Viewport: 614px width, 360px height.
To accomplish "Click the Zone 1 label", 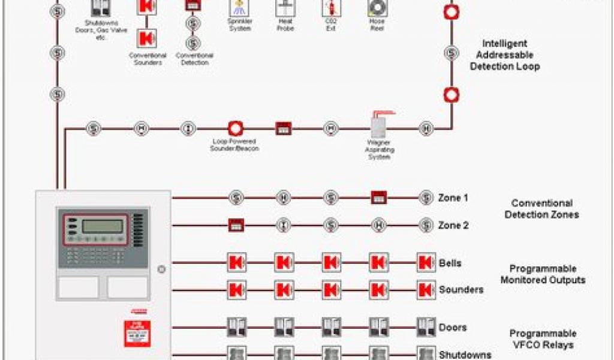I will click(453, 197).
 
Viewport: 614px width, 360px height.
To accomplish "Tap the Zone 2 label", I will click(453, 226).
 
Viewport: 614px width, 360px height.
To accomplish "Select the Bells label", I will click(450, 263).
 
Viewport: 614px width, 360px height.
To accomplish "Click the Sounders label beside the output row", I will click(461, 290).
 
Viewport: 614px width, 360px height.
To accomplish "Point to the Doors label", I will click(452, 328).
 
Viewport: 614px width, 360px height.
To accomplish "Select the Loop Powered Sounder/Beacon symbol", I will click(235, 128).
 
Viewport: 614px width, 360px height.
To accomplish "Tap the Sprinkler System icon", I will click(240, 8).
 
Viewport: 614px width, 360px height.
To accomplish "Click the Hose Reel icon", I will click(377, 8).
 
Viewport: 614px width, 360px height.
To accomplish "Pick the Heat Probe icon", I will click(285, 8).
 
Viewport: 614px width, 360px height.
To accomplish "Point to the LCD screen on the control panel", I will click(103, 226).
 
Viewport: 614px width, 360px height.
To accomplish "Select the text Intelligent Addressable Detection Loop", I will click(504, 55).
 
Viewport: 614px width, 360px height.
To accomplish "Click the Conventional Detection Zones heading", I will click(541, 209).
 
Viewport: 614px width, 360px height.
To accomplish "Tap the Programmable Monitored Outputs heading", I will click(543, 274).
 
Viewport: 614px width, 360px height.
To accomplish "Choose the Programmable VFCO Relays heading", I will click(543, 339).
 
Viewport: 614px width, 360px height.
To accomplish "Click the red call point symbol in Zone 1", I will click(378, 197).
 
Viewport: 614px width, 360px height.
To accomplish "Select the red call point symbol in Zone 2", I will click(236, 226).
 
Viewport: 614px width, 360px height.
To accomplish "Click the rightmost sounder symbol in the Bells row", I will click(426, 263).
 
